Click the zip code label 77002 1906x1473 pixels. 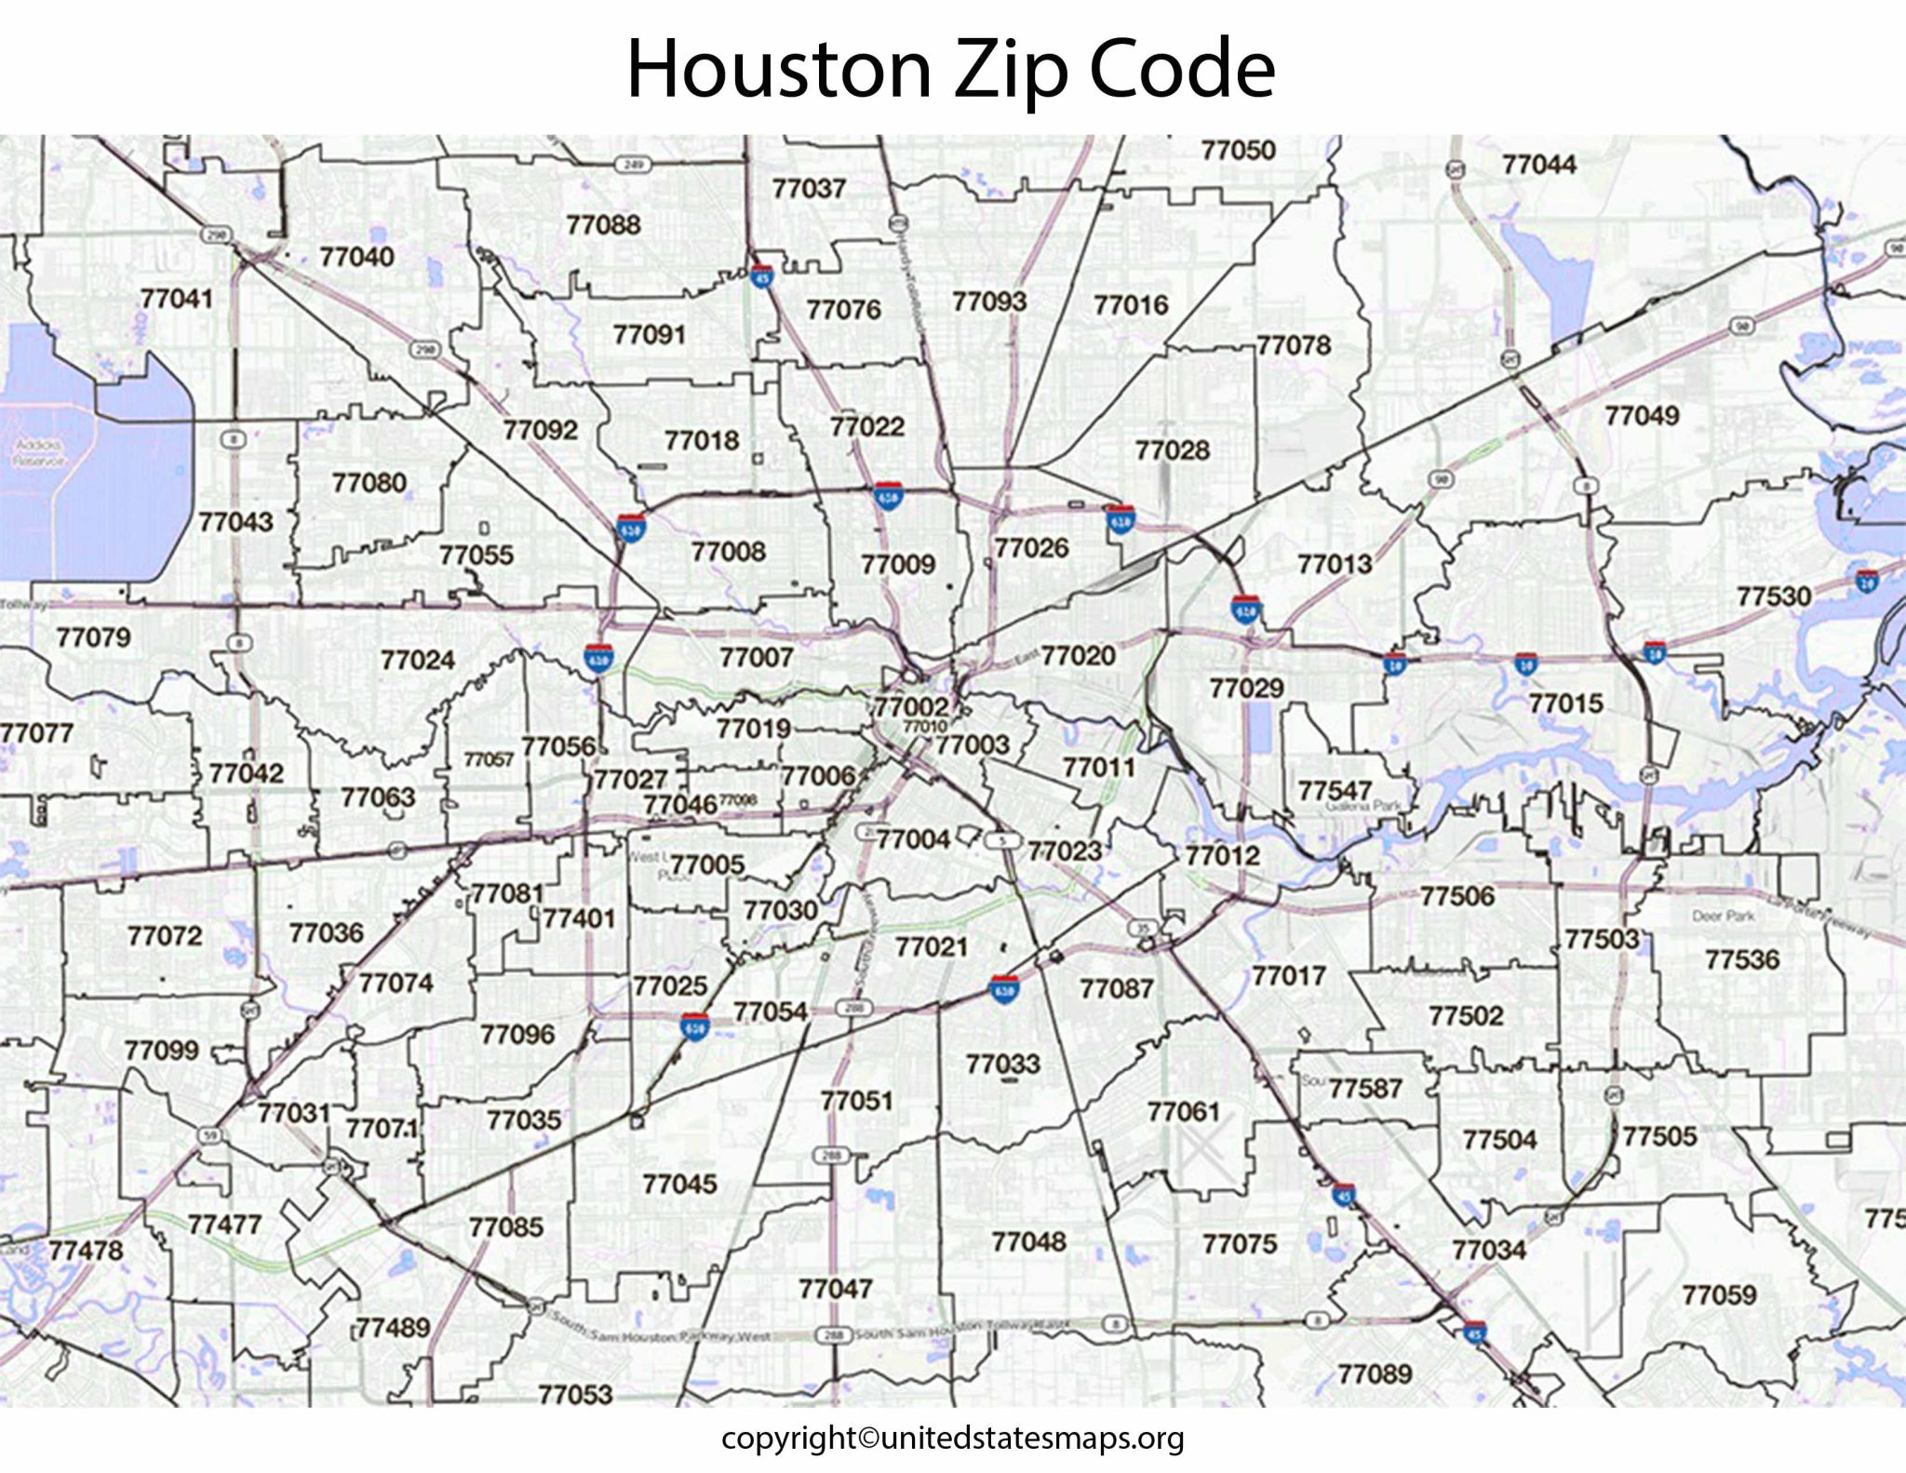point(911,706)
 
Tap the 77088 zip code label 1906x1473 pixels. point(603,224)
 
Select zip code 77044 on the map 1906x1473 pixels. point(1538,165)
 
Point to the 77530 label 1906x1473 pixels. point(1773,596)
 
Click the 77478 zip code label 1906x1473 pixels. point(86,1249)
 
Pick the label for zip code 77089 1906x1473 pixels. point(1375,1373)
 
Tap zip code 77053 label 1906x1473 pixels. point(575,1394)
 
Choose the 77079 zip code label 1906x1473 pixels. point(93,637)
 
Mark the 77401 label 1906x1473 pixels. point(579,918)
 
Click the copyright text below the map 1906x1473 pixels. point(952,1438)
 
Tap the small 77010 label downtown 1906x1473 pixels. point(925,726)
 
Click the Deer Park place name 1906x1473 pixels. point(1723,916)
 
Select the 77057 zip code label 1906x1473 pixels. point(489,759)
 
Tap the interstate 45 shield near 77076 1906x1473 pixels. point(761,275)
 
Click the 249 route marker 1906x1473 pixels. point(633,165)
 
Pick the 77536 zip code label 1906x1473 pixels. point(1741,958)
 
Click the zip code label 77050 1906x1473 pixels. point(1238,150)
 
